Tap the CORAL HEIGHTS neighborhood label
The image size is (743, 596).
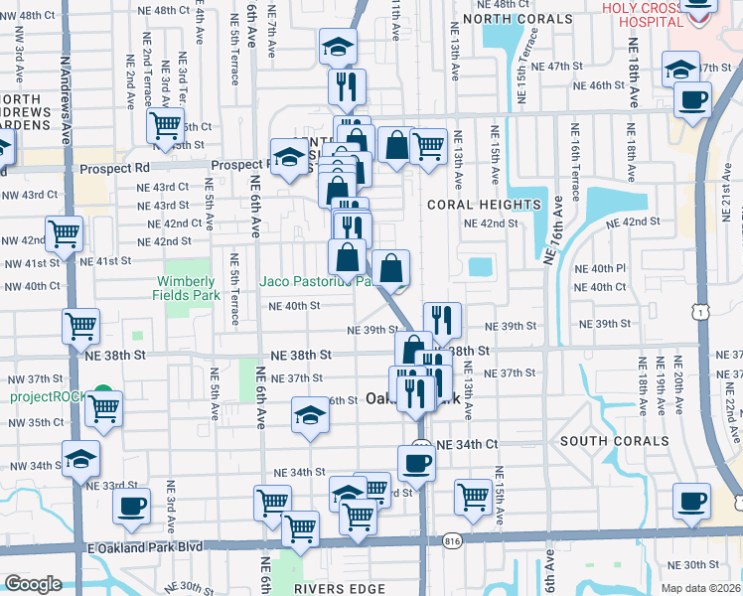click(484, 205)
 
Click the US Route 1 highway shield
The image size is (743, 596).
click(704, 313)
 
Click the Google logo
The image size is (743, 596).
click(33, 584)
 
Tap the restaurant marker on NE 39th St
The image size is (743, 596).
click(442, 320)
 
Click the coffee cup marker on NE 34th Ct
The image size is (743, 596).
click(416, 463)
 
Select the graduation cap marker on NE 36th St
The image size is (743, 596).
click(309, 417)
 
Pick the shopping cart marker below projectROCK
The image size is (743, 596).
click(103, 408)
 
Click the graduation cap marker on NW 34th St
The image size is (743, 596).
click(80, 459)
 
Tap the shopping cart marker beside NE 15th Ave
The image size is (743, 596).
click(474, 497)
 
